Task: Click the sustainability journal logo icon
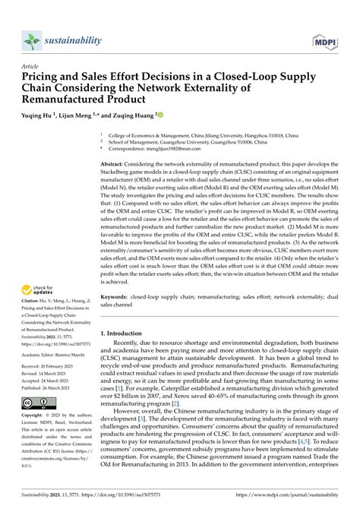[31, 41]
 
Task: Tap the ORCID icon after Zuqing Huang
[160, 115]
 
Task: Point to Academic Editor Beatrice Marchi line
[55, 353]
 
